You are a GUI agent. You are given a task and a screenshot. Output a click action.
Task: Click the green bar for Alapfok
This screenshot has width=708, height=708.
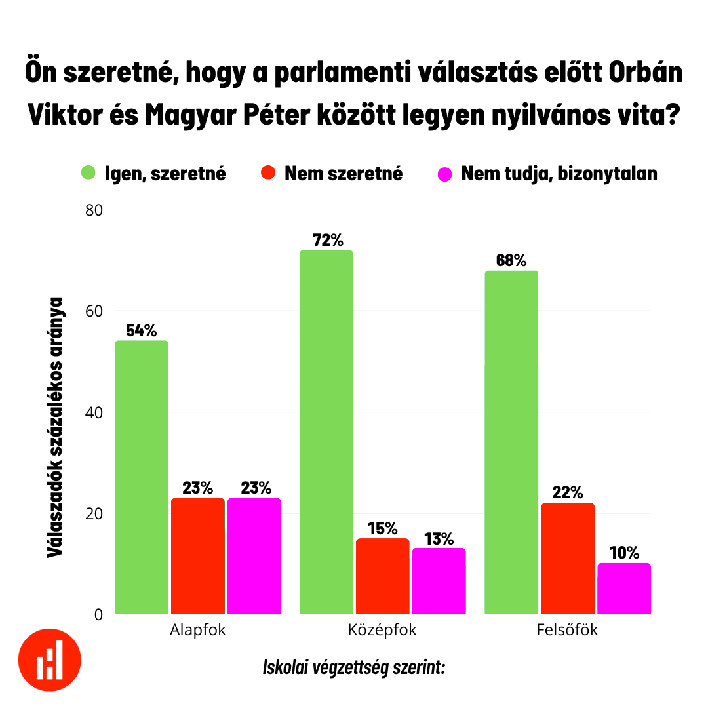[142, 477]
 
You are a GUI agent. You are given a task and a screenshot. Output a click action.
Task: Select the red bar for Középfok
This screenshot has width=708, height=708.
[383, 576]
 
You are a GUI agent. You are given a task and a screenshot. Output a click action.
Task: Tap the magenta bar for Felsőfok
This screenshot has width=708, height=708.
[624, 589]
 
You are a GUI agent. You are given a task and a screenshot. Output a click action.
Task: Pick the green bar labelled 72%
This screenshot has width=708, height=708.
[326, 432]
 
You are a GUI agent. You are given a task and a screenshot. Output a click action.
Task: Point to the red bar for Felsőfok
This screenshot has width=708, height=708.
[568, 559]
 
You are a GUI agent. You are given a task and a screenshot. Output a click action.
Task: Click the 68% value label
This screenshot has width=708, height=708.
[511, 260]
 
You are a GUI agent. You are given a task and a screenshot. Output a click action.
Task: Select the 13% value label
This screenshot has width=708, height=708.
[439, 539]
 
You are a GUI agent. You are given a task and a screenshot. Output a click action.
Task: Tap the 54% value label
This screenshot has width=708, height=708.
[142, 330]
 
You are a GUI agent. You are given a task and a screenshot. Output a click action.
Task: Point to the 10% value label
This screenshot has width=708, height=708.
[624, 553]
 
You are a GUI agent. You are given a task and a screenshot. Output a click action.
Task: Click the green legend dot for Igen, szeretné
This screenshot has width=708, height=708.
[88, 174]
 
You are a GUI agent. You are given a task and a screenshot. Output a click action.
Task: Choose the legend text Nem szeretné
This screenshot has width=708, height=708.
[344, 174]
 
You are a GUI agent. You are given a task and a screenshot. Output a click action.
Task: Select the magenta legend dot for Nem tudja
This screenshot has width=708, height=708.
[445, 174]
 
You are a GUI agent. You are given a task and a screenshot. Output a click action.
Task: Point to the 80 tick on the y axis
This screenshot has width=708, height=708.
[94, 210]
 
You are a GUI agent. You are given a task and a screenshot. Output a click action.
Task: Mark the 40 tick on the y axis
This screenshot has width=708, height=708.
[94, 412]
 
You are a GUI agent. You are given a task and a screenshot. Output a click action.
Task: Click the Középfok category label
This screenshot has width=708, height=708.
[382, 631]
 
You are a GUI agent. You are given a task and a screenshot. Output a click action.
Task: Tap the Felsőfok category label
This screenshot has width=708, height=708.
[568, 631]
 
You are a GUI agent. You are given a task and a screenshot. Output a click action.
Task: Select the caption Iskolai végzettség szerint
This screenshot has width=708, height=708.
[354, 668]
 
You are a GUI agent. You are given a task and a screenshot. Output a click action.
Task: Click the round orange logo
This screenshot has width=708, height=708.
[50, 658]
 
